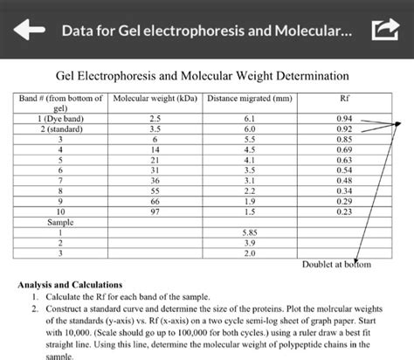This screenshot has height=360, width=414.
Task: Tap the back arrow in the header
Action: coord(26,31)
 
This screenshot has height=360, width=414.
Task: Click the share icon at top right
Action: coord(383,31)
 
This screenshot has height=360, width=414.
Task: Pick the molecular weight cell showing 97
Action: coord(155,211)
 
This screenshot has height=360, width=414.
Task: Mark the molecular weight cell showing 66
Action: coord(155,201)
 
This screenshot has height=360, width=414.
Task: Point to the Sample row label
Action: coord(60,222)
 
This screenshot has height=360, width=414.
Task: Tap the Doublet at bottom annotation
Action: coord(336,264)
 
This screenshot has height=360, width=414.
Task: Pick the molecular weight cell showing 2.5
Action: coord(155,118)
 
